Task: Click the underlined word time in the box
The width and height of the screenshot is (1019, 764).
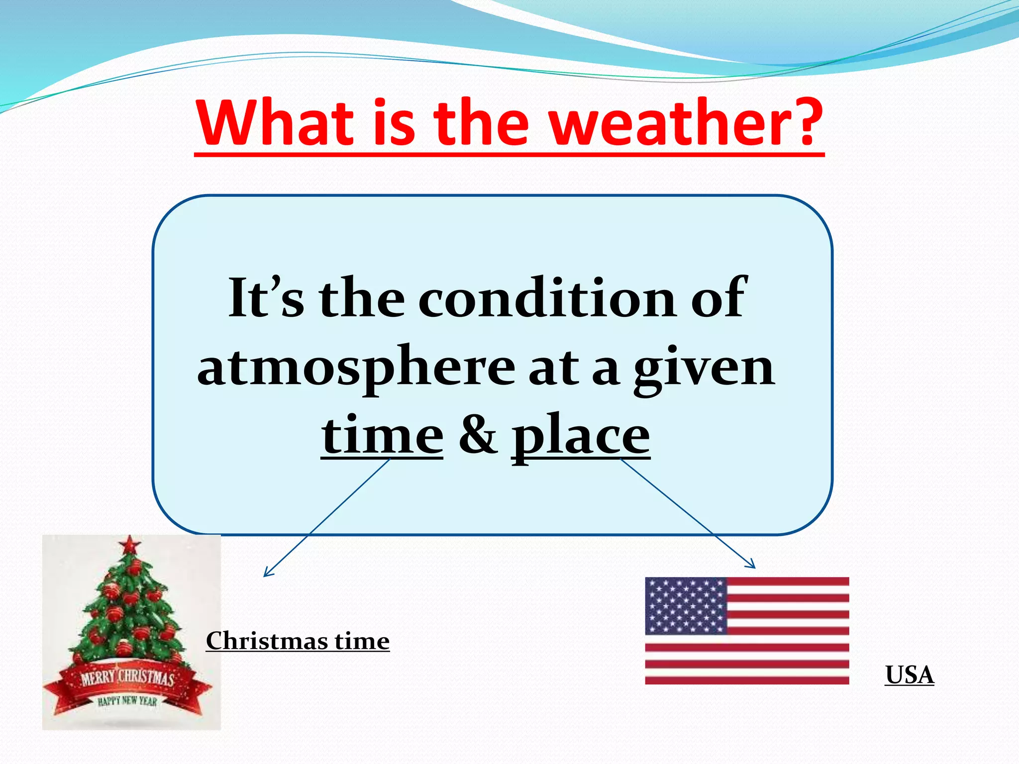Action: (x=382, y=436)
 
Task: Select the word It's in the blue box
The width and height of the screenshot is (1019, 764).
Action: (x=266, y=298)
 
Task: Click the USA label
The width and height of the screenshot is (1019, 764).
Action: (x=909, y=675)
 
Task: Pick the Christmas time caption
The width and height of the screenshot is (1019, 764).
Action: (x=298, y=641)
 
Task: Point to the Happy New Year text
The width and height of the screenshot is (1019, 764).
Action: (x=127, y=701)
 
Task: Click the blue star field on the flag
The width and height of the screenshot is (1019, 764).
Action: (x=686, y=605)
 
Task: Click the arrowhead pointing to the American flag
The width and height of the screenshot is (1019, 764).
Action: (x=751, y=565)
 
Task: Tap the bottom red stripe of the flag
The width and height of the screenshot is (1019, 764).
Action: (x=746, y=680)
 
